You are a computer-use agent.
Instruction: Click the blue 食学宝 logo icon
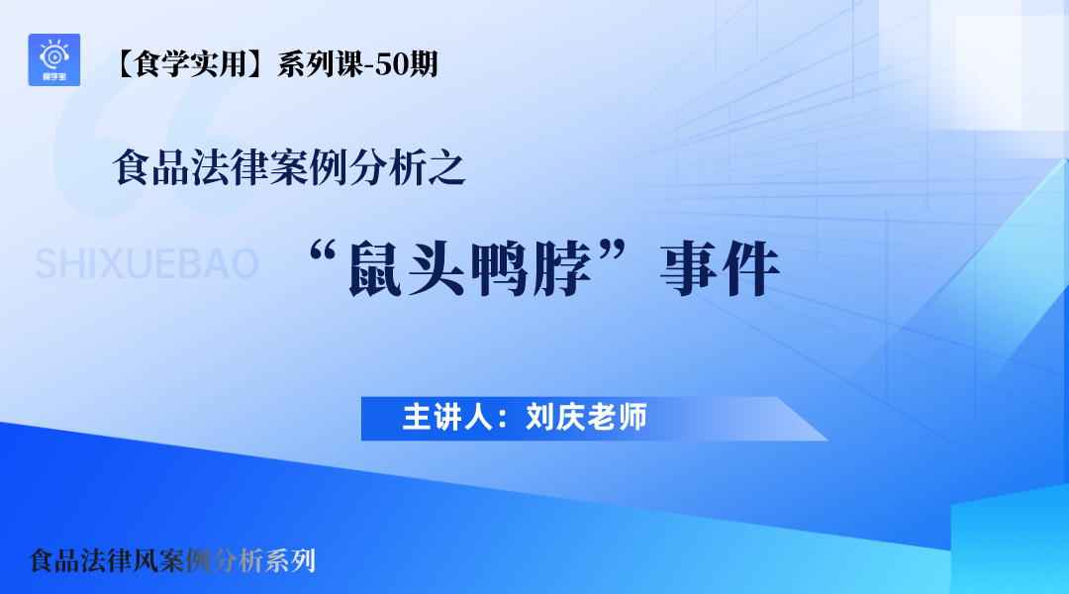point(53,60)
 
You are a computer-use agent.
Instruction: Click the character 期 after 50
point(424,64)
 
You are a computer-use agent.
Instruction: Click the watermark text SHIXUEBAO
point(146,264)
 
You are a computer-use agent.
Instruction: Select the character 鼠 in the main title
point(376,268)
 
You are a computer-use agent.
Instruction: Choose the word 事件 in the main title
point(720,268)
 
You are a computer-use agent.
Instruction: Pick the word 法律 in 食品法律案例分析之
point(230,167)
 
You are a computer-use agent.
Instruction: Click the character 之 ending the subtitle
point(447,167)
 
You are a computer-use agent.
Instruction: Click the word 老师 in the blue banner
point(617,418)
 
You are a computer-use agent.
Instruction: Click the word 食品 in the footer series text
point(54,560)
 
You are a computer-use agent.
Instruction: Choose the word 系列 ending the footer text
point(290,560)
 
